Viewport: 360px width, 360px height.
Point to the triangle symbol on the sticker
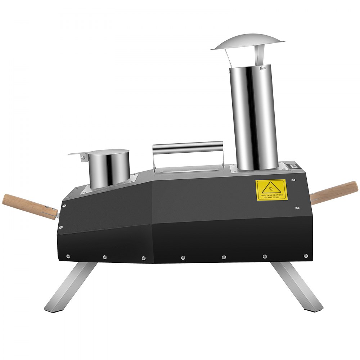(x=271, y=187)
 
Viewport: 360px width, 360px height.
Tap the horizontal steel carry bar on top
(x=188, y=147)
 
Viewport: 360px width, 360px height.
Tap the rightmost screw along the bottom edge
(x=306, y=256)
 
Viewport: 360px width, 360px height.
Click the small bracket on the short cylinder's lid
(x=84, y=157)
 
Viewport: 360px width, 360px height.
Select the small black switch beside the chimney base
(x=291, y=166)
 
